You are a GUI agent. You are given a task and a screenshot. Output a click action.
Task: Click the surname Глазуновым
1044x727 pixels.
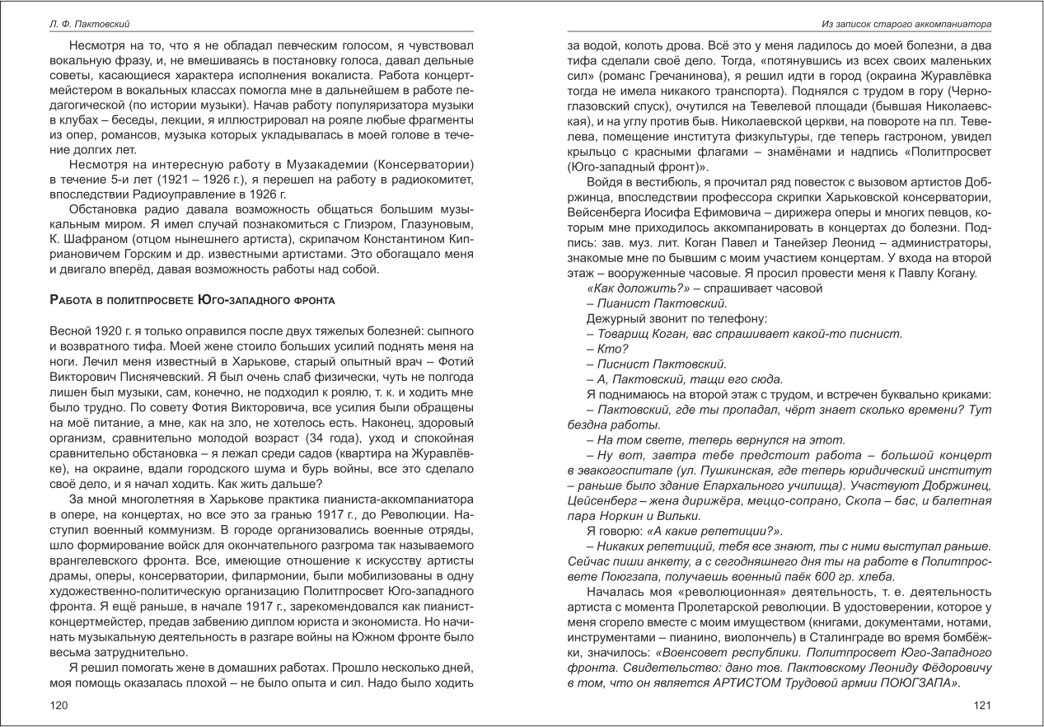tap(434, 225)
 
